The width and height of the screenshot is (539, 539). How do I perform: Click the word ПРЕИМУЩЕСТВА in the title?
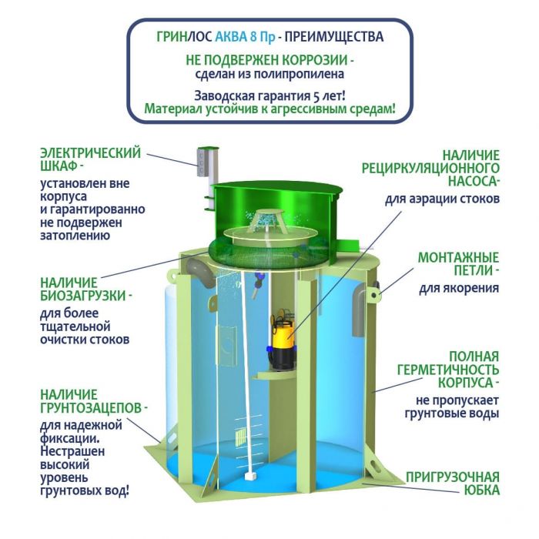[x=333, y=36]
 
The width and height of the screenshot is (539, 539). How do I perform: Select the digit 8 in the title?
[x=253, y=36]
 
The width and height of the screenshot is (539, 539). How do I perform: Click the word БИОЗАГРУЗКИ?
[x=83, y=296]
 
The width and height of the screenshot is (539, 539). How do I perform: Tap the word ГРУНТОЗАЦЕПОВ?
[x=91, y=408]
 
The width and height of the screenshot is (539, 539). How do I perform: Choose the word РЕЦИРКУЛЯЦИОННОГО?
[x=430, y=169]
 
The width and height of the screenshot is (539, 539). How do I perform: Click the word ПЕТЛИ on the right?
[x=474, y=270]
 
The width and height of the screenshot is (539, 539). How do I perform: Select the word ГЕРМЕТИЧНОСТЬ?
[x=448, y=370]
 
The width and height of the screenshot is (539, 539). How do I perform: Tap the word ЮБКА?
[x=481, y=490]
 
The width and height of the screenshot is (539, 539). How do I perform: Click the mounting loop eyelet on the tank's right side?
[x=375, y=294]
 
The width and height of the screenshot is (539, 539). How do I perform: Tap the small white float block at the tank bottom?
[x=250, y=477]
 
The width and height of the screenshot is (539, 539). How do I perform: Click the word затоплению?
[x=75, y=236]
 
